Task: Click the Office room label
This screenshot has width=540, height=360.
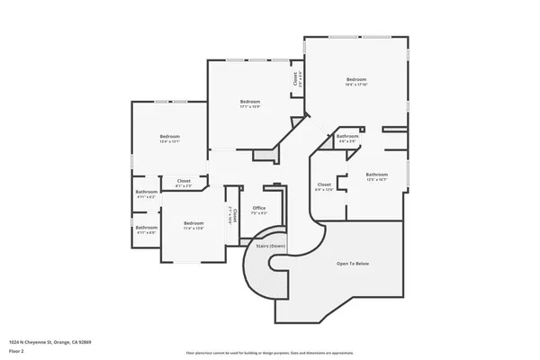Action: pos(258,208)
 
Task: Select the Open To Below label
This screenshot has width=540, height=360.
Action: pos(353,264)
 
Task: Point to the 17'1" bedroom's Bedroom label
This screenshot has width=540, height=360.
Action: pos(250,102)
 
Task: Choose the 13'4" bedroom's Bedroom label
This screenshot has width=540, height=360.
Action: pos(170,136)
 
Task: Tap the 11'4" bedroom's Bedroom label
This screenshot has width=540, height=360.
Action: pos(193,222)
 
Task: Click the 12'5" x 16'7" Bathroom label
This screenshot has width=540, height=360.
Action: pos(376,174)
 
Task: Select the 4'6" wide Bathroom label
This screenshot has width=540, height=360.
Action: pos(347,136)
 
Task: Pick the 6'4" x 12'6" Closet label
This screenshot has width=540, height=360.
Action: pos(324,184)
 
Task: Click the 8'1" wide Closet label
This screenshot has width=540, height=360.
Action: pos(184,181)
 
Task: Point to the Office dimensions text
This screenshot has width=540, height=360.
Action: pos(258,213)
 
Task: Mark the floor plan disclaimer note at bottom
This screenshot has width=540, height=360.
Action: pos(269,353)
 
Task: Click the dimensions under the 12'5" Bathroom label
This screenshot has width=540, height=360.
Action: pos(376,179)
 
